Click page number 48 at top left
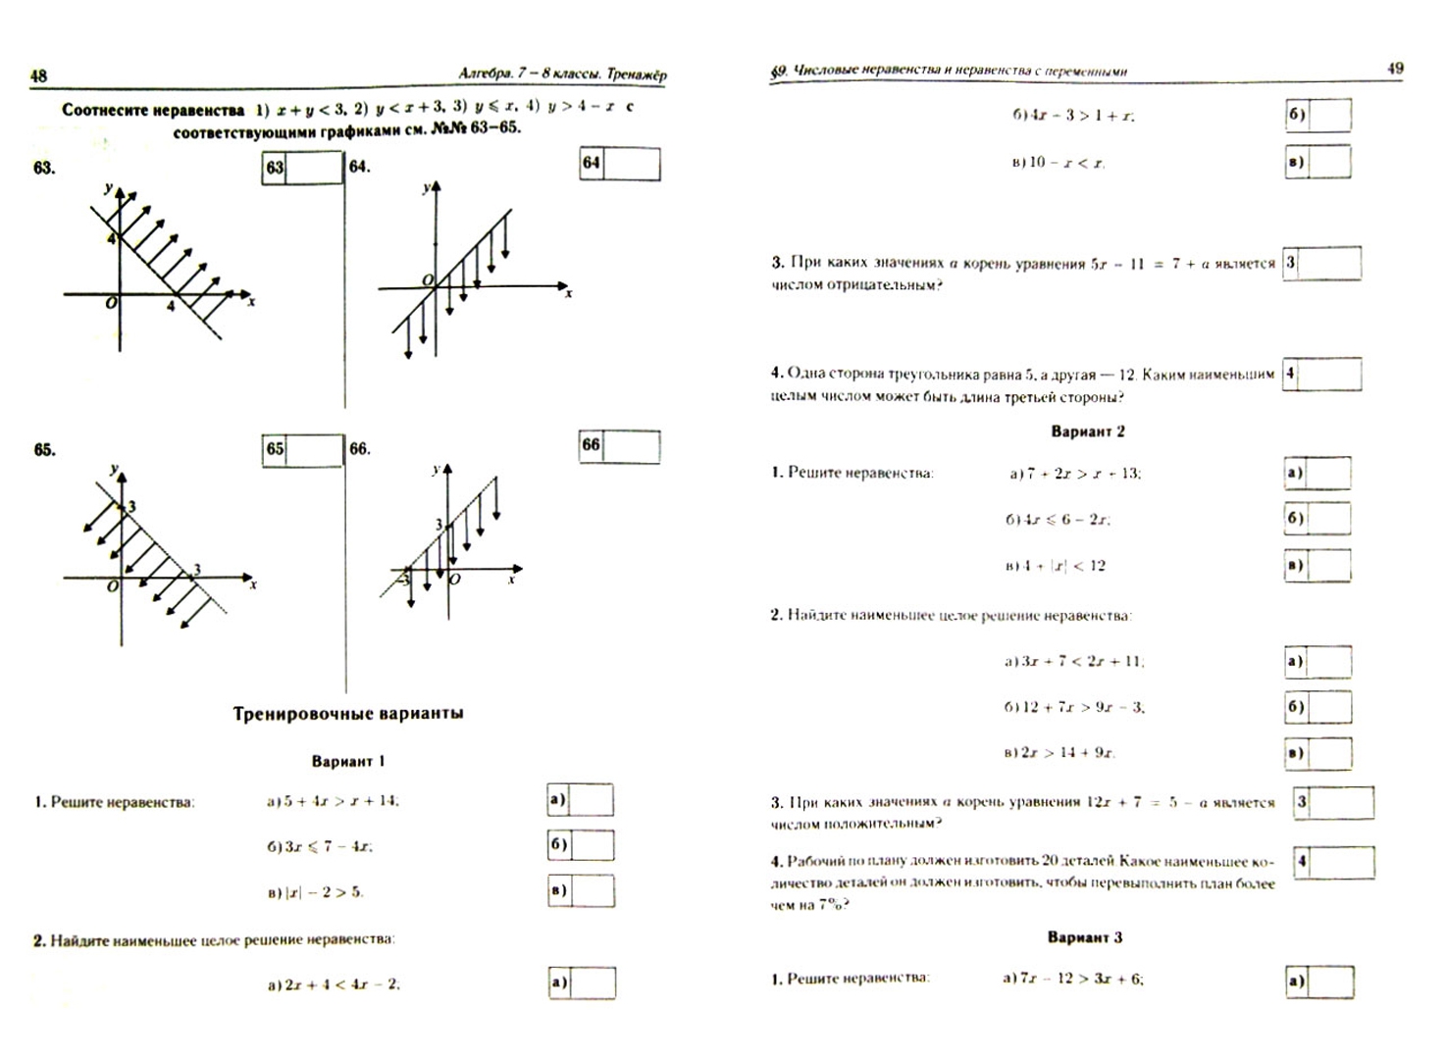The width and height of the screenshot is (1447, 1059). [39, 76]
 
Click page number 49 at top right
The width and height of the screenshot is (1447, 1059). [1395, 69]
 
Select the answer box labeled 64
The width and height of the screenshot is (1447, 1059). [619, 164]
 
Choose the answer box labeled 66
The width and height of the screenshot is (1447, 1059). [619, 446]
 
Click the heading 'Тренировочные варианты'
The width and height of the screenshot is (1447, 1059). [348, 714]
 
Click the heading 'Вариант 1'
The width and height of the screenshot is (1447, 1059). [348, 761]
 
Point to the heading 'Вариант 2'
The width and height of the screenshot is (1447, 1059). [1088, 431]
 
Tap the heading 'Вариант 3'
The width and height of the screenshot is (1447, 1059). [1085, 937]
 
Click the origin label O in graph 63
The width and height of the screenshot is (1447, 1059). [111, 304]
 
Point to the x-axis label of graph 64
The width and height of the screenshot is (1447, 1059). [569, 294]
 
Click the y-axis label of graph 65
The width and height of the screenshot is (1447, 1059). [114, 469]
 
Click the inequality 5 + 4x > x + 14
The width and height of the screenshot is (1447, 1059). [334, 801]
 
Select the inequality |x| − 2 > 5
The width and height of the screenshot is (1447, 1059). [315, 892]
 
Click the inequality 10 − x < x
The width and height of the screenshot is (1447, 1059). [1058, 163]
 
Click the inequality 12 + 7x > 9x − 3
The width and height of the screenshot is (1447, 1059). [1073, 707]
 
